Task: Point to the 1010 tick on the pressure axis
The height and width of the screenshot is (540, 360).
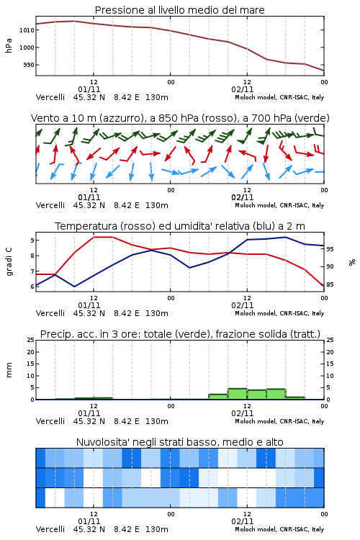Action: coord(27,30)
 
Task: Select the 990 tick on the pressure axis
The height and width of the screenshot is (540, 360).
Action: coord(29,65)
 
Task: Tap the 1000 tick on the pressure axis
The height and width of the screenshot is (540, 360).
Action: coord(27,48)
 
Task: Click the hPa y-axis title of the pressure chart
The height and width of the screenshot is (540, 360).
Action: coord(9,45)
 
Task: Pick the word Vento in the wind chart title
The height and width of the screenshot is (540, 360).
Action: coord(42,118)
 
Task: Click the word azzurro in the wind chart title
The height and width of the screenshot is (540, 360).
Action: coord(121,119)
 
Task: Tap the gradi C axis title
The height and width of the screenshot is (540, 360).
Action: coord(9,262)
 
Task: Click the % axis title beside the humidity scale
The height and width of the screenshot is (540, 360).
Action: coord(352,262)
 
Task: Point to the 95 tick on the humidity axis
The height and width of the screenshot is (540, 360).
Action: coord(330,249)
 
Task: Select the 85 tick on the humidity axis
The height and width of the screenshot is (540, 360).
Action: coord(330,284)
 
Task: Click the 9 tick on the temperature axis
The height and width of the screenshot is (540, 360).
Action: coord(32,240)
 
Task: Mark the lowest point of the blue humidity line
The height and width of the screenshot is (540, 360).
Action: coord(74,287)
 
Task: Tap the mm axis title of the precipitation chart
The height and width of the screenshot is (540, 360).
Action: coord(9,370)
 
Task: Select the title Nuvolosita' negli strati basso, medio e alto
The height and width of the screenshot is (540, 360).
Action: coord(180,442)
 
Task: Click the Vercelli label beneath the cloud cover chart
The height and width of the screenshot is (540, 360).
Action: coord(50,529)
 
